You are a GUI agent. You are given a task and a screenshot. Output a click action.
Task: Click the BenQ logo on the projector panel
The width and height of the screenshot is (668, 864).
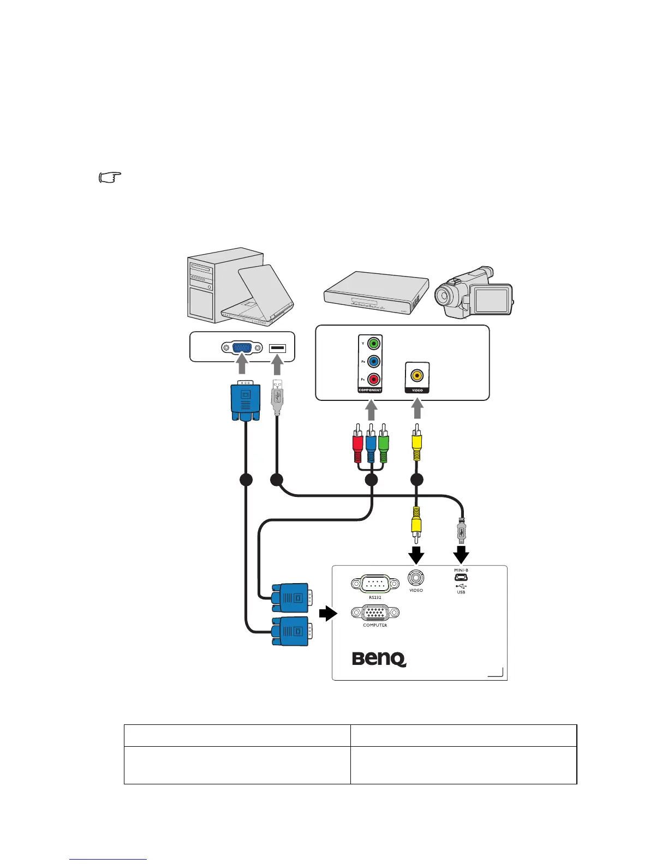[x=379, y=658]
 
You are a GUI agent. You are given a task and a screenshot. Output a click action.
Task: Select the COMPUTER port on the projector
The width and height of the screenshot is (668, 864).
[x=375, y=613]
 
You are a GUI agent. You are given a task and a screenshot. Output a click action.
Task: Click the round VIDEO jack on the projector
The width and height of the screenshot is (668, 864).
[x=416, y=577]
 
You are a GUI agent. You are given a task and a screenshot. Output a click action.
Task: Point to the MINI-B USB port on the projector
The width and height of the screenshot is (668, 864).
[x=461, y=578]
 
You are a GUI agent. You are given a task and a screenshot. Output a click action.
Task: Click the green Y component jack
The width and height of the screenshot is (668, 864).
[x=373, y=344]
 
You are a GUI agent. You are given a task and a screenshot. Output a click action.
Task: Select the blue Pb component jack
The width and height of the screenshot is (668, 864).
[x=373, y=362]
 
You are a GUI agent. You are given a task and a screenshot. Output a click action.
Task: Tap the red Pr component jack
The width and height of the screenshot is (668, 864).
[x=373, y=379]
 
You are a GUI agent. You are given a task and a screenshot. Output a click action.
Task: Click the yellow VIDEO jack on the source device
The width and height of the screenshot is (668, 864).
[x=417, y=375]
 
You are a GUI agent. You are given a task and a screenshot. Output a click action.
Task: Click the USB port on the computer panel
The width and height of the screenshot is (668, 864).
[x=277, y=347]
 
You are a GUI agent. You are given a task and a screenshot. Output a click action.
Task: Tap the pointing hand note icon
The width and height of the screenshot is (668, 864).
[x=110, y=178]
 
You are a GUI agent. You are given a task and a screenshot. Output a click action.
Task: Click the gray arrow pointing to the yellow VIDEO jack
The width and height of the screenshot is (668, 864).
[x=417, y=410]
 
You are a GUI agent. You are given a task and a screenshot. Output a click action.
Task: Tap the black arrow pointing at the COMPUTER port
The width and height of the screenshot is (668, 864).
[x=327, y=614]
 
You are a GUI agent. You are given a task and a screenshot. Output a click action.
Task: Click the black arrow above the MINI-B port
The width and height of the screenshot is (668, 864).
[x=462, y=554]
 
